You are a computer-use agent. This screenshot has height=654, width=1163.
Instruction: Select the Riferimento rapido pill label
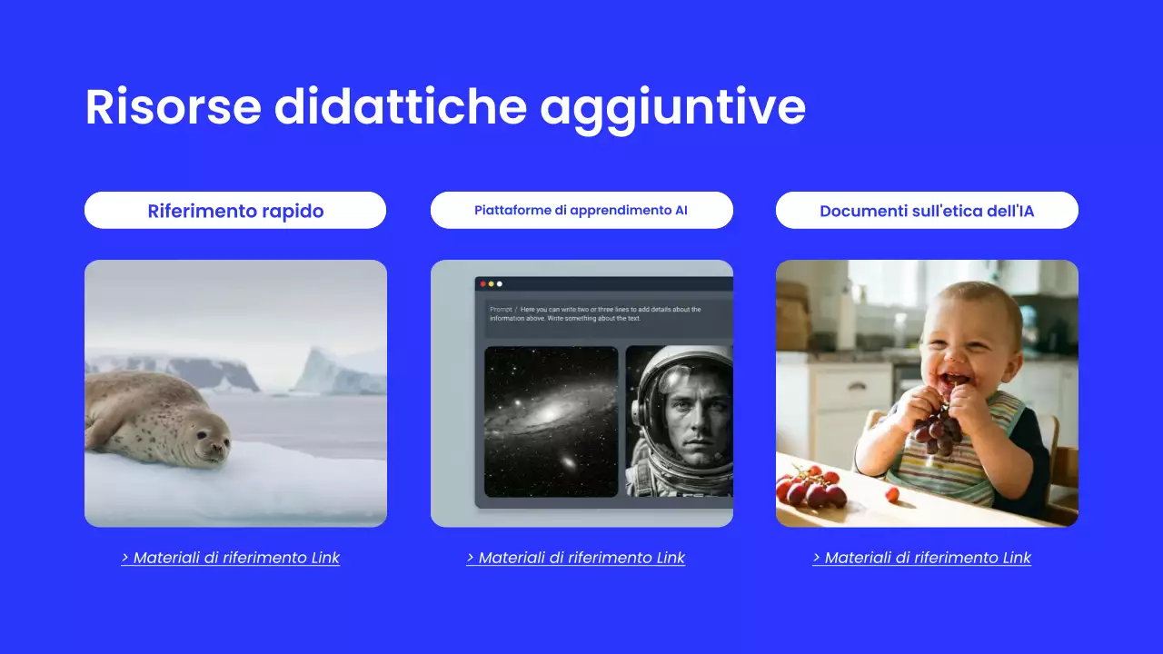235,211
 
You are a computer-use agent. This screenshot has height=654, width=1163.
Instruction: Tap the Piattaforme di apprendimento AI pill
581,211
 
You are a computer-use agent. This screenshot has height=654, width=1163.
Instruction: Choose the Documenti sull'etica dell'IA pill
927,211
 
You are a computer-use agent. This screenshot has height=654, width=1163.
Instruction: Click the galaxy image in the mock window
551,421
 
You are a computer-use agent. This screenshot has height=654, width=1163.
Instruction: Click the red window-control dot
482,283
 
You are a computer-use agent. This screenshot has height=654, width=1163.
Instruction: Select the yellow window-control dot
491,283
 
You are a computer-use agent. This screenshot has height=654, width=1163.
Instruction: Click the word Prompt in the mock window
501,310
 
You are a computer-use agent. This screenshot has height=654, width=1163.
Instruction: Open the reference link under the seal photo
231,558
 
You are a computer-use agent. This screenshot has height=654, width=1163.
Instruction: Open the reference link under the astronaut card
576,558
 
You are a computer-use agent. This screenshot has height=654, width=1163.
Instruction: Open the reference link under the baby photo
922,558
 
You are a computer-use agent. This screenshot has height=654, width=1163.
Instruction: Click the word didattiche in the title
400,107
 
